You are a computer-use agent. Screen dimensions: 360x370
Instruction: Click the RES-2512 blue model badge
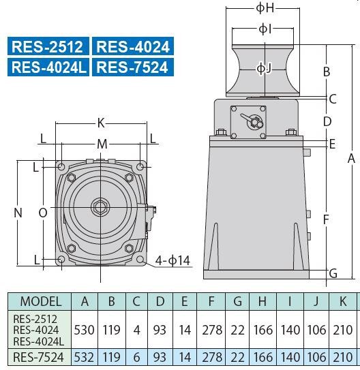(48, 46)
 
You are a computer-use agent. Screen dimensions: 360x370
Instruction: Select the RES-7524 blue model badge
(133, 67)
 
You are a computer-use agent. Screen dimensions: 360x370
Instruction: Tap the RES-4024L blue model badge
(48, 67)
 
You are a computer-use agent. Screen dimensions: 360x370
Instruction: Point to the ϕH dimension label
(265, 8)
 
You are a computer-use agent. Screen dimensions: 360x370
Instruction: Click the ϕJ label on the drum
(265, 68)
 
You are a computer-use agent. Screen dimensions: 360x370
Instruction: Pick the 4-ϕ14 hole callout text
(172, 260)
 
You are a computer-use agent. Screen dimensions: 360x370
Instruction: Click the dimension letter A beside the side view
(351, 158)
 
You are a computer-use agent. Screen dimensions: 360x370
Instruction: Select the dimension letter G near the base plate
(333, 274)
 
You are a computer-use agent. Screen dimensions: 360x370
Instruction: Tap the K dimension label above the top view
(101, 123)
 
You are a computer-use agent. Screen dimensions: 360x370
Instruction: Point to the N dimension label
(18, 213)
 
